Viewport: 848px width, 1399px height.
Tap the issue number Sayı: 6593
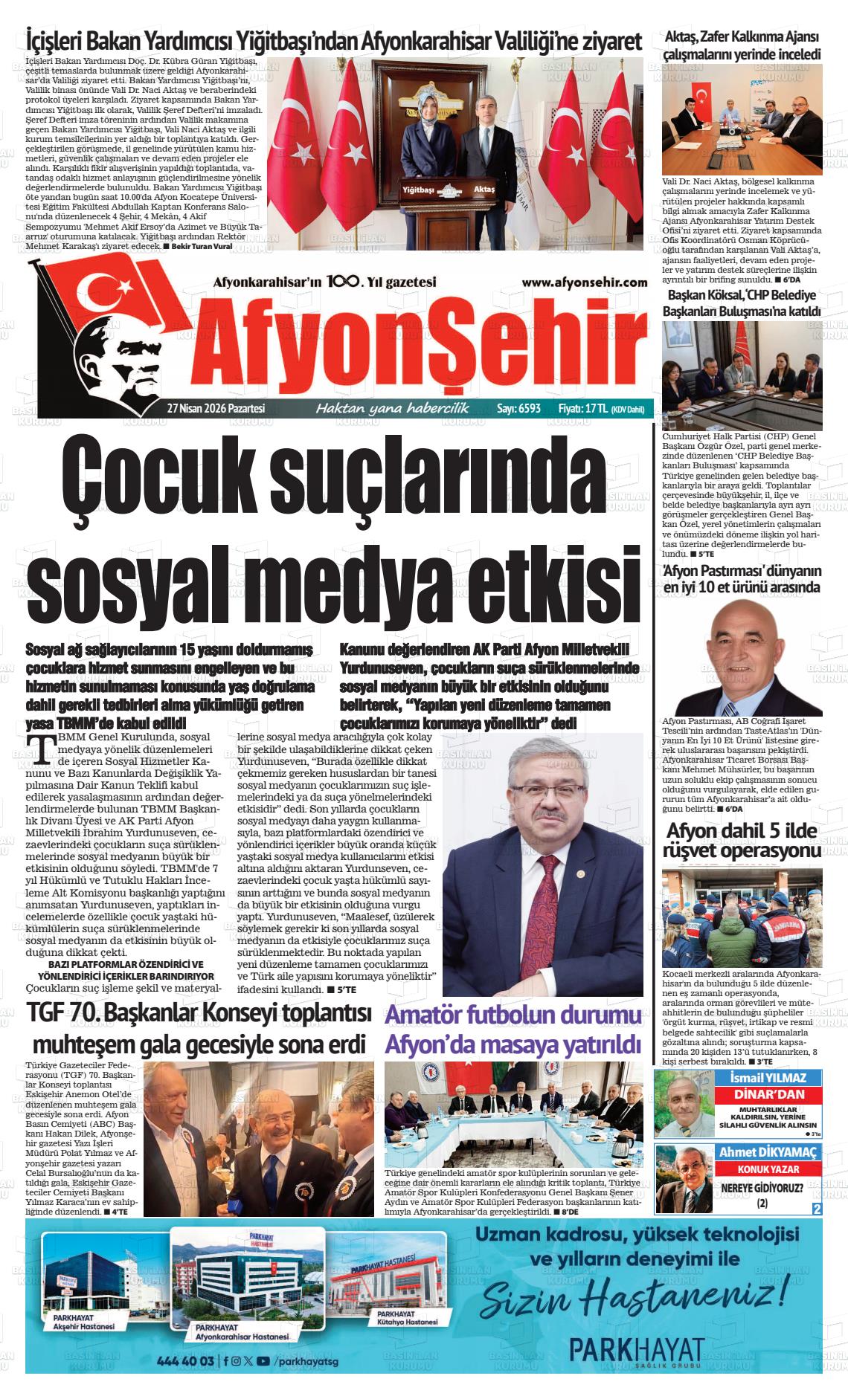tap(518, 408)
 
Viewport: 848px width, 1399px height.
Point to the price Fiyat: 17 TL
tap(585, 408)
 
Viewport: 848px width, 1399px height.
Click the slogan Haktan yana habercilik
tap(392, 408)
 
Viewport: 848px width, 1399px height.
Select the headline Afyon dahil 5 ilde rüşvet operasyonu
tap(742, 840)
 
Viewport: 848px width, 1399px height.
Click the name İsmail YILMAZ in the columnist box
tap(763, 1078)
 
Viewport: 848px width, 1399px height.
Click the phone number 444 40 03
tap(186, 1361)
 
